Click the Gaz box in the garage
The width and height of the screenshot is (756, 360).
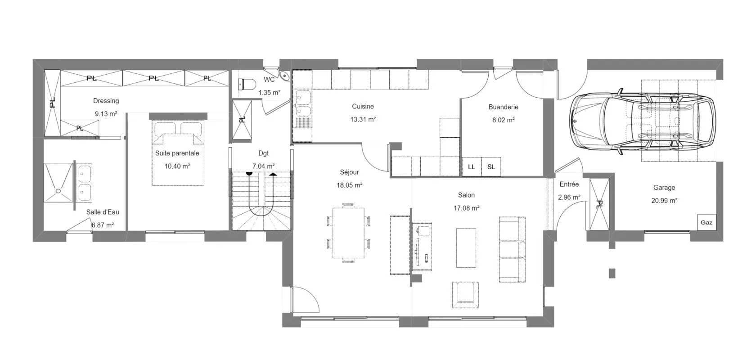[x=706, y=222]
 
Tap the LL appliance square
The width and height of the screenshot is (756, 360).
[x=472, y=166]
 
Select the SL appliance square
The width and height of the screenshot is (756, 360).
[x=491, y=166]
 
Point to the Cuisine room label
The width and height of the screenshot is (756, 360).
[x=363, y=106]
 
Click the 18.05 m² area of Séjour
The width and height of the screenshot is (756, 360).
[x=349, y=185]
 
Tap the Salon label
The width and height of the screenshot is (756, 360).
[x=466, y=195]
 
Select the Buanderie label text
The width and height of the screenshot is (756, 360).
[x=503, y=107]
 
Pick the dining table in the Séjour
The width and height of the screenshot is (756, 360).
[x=349, y=233]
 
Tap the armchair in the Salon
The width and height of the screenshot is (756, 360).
[x=465, y=295]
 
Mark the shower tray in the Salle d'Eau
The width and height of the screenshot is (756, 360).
[x=58, y=183]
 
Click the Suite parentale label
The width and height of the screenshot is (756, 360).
[x=177, y=153]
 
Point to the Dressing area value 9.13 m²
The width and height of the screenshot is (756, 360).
[x=106, y=114]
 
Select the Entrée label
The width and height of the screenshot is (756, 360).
[x=569, y=184]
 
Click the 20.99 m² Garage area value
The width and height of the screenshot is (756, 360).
[x=664, y=200]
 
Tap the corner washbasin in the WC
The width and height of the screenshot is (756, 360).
[x=285, y=76]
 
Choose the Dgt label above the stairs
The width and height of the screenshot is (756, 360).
[x=263, y=153]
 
